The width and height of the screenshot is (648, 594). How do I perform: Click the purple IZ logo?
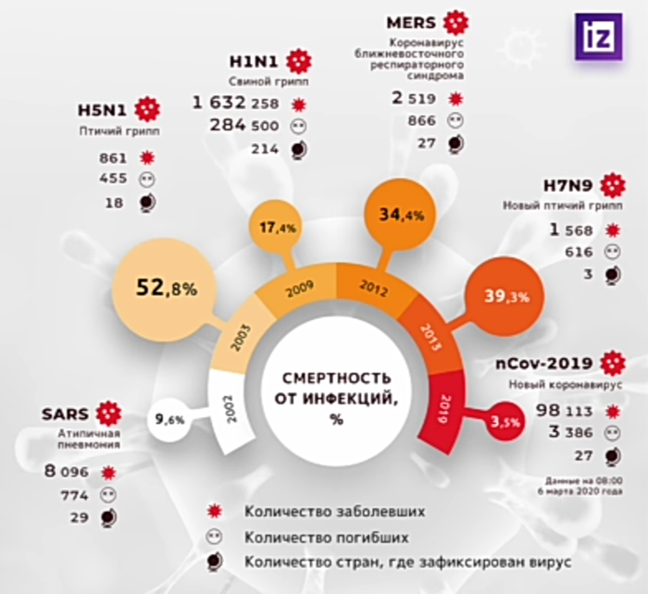[x=598, y=36]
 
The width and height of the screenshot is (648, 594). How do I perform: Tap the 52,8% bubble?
[x=168, y=289]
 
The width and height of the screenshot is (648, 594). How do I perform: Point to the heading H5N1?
[x=104, y=112]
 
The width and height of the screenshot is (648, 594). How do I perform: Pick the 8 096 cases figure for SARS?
[x=67, y=471]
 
